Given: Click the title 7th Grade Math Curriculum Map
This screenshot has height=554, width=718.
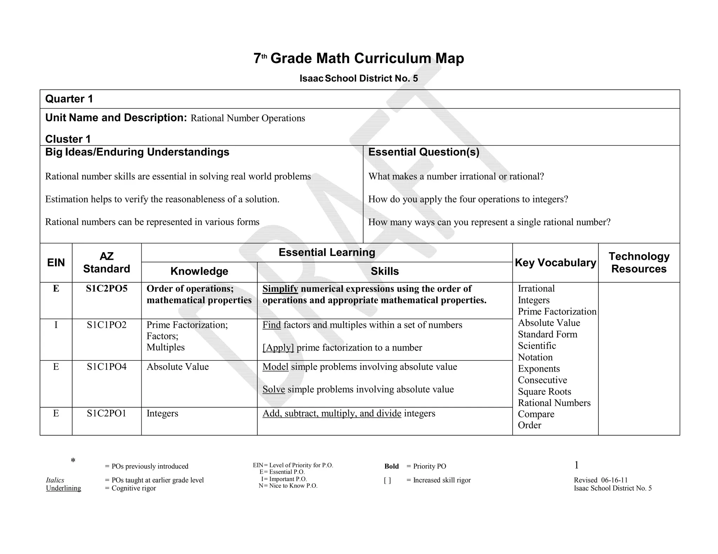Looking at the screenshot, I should tap(359, 58).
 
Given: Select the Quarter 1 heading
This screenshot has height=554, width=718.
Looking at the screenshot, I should tap(69, 99).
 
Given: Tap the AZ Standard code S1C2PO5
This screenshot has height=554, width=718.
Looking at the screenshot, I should tap(107, 289).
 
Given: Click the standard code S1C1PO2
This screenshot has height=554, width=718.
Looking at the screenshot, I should tap(107, 325).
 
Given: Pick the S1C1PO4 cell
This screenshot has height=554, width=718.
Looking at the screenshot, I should tap(107, 367).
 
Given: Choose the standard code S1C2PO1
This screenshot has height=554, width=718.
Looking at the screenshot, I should tap(107, 413).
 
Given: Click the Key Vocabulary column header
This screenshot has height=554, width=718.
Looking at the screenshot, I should tap(555, 263).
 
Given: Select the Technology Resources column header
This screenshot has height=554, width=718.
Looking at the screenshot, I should tap(639, 263).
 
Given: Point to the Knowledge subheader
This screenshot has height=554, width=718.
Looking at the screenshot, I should tap(199, 271).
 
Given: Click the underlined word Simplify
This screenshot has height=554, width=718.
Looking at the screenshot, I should tap(280, 289).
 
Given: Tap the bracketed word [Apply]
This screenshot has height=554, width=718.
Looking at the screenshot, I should tap(278, 348).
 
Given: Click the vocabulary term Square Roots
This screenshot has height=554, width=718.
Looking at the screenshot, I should tap(544, 392).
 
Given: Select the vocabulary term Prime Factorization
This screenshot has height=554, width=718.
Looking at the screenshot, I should tap(557, 312).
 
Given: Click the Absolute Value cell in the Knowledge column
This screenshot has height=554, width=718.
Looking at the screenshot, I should tap(177, 367).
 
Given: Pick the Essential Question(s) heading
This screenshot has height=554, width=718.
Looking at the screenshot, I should tap(424, 152).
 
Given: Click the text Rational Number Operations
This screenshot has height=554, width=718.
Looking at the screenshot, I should tap(248, 118).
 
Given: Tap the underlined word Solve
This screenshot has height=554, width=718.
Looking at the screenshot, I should tap(273, 389).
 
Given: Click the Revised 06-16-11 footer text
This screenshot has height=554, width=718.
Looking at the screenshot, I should tap(601, 480).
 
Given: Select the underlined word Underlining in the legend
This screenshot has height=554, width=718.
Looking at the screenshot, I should tap(63, 488).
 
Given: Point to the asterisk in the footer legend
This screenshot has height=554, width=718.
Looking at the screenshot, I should tap(73, 461).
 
